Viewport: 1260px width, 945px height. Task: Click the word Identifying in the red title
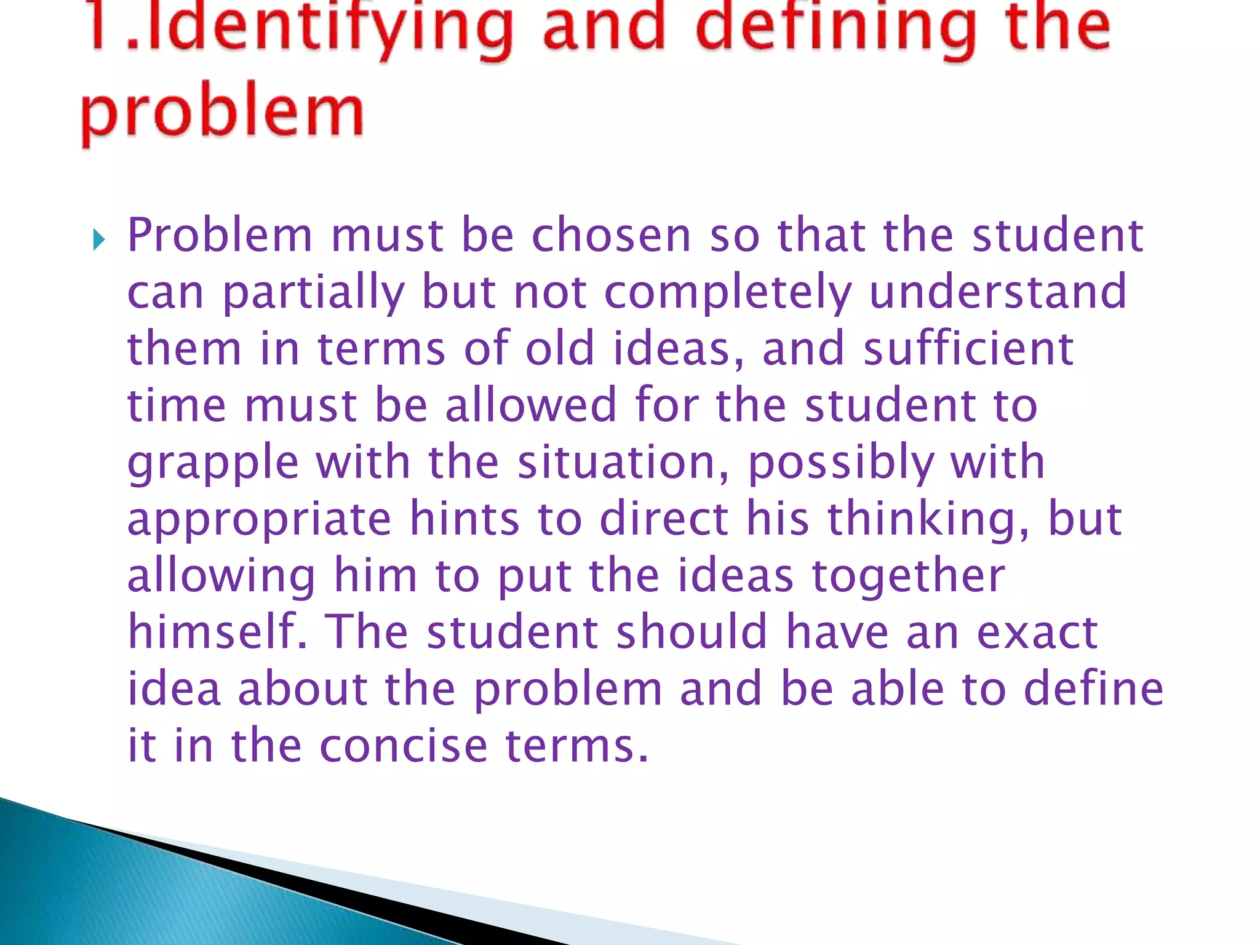point(320,28)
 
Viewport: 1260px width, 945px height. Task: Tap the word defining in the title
point(837,28)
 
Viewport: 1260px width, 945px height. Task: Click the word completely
point(728,293)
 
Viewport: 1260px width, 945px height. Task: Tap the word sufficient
point(968,349)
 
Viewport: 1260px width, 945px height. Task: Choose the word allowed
point(531,405)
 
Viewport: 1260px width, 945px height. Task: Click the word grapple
point(213,463)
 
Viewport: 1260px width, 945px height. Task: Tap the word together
point(908,576)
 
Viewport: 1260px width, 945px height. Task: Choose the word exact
point(1037,632)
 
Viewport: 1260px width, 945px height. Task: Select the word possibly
point(840,463)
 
